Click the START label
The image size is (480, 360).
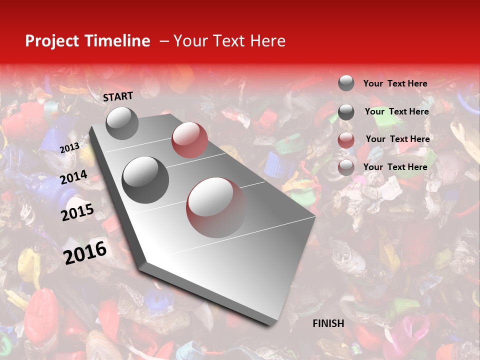(x=118, y=96)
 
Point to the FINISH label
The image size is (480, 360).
(x=328, y=323)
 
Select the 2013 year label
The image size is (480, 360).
(x=69, y=147)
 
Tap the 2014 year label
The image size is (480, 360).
(x=74, y=177)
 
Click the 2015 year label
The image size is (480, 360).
(x=77, y=212)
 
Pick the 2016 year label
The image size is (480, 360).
(x=85, y=252)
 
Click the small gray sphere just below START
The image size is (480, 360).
(x=122, y=123)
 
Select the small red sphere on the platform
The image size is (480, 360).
(x=189, y=140)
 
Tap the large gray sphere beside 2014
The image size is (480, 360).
(x=145, y=180)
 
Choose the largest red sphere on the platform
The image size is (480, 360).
(x=216, y=207)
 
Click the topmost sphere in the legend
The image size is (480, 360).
(x=346, y=83)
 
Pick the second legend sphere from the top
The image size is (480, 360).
(x=346, y=112)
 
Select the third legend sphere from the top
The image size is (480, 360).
(x=346, y=140)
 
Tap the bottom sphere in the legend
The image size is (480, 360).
(x=346, y=167)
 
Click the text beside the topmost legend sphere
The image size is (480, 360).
(x=395, y=83)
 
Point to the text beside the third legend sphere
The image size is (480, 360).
(x=397, y=139)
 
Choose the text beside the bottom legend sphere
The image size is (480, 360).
(x=395, y=167)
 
